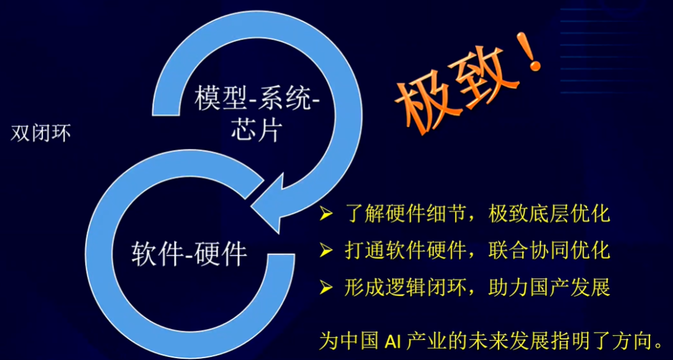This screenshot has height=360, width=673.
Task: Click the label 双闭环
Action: pos(41,134)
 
